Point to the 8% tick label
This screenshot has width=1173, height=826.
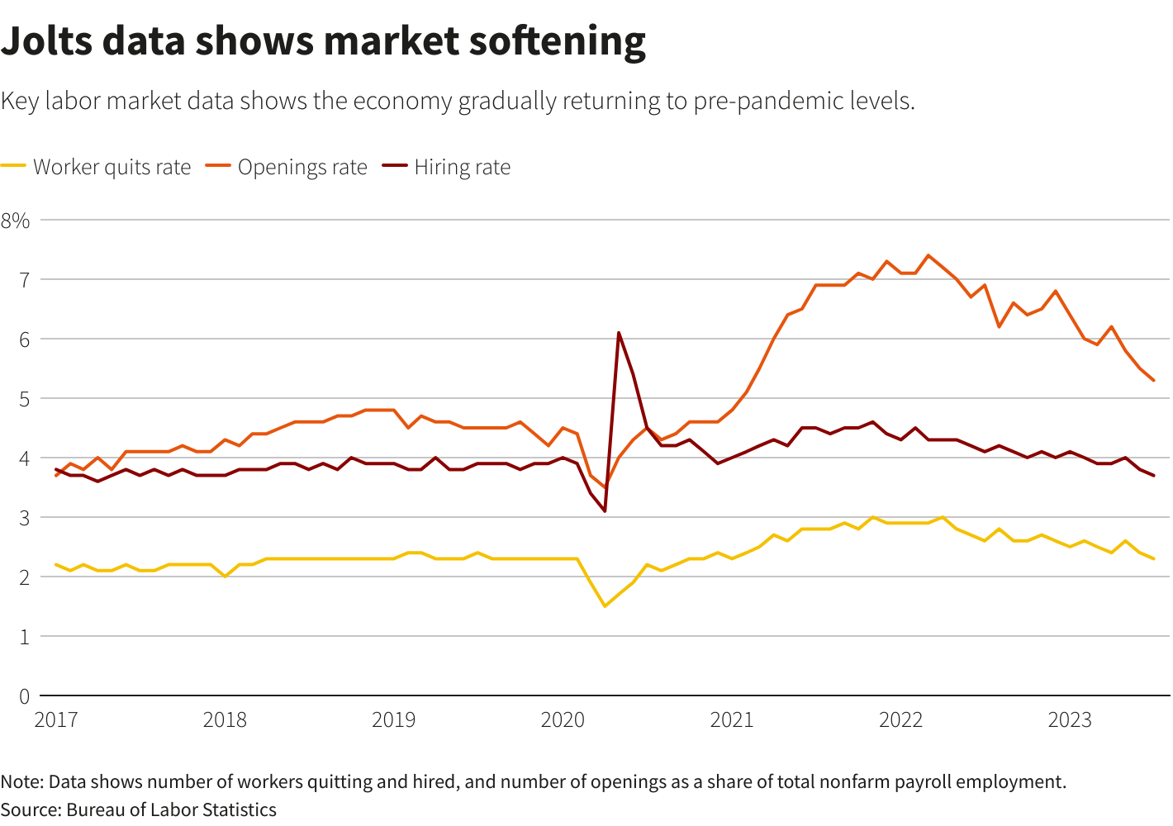point(16,221)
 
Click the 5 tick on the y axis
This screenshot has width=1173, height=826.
point(24,399)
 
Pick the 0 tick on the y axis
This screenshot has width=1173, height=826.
point(24,696)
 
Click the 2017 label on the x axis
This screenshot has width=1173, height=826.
point(56,720)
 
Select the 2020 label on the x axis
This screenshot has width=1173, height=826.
point(563,720)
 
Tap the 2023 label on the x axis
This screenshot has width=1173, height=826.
point(1070,720)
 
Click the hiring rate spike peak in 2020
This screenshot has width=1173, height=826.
point(619,333)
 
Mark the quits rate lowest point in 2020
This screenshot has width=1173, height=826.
point(605,606)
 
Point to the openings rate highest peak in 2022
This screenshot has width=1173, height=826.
point(928,255)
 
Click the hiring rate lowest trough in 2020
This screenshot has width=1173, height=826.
point(605,511)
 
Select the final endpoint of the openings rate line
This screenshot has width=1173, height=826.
point(1153,381)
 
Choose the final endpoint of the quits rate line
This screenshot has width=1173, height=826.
point(1153,559)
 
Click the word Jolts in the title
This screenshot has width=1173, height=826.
point(47,41)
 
